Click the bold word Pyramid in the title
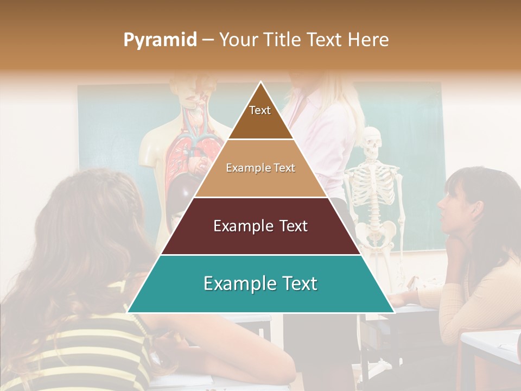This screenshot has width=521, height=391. (160, 40)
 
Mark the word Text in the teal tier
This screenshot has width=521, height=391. (295, 283)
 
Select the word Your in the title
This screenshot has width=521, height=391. (239, 40)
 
